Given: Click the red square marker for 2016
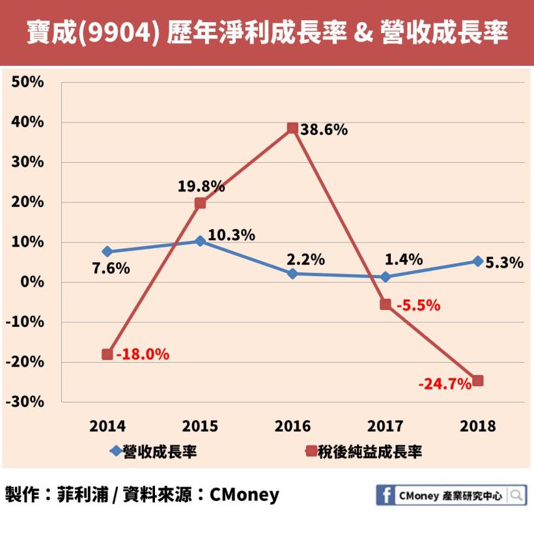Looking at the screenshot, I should coord(292,128).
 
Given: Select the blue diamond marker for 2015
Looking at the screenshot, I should coord(200,241).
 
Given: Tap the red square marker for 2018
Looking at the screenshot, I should coord(478,381).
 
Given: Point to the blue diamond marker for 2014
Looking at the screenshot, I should coord(107,251).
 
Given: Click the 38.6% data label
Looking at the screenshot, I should coord(324,130).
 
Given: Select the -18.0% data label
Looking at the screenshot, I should coord(143,354).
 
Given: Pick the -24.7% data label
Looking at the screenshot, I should coord(445,384).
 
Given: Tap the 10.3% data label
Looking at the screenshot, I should coord(232,235).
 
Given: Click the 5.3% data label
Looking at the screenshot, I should coord(505,263).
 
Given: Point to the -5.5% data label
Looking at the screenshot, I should coord(419,305).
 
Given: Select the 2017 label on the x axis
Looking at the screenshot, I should coord(386,427).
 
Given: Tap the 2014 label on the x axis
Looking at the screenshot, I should coord(107,427).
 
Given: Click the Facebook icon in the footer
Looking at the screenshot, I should coord(386,496).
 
